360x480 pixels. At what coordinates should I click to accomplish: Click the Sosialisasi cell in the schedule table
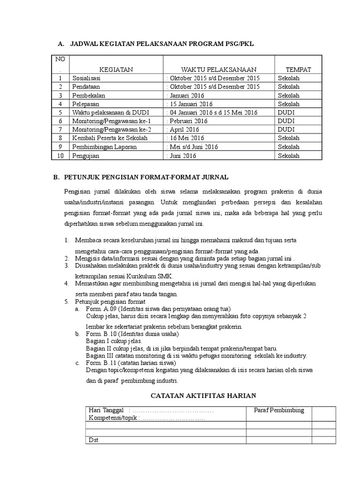pos(87,78)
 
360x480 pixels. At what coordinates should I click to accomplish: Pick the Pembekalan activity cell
pos(88,95)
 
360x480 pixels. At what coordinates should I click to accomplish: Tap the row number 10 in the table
pos(60,155)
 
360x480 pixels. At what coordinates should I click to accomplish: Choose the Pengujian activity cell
pos(86,155)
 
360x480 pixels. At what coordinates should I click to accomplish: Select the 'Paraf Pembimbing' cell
pos(279,410)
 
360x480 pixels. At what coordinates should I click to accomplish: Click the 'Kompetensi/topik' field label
pos(113,418)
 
